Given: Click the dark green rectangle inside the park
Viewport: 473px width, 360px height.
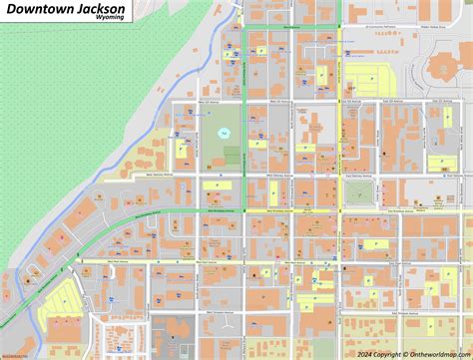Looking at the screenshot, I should tap(232, 156).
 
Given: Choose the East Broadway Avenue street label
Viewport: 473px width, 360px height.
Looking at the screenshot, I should tap(409, 210).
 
